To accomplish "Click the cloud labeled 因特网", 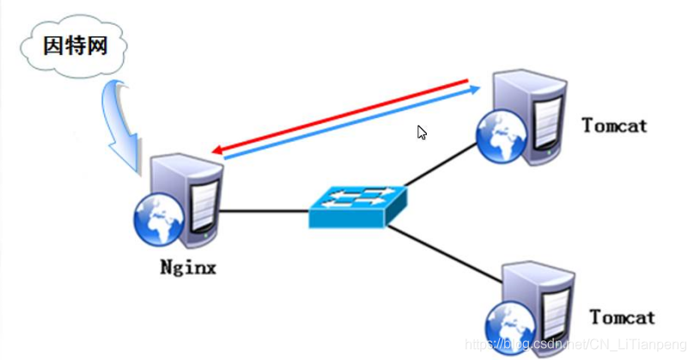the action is pyautogui.click(x=74, y=46).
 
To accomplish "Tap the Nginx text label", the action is pyautogui.click(x=188, y=267).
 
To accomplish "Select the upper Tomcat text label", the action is pyautogui.click(x=614, y=125).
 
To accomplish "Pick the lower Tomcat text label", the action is pyautogui.click(x=623, y=317).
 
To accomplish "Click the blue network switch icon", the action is pyautogui.click(x=357, y=207).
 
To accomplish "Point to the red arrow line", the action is pyautogui.click(x=340, y=117).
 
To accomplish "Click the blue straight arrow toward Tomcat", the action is pyautogui.click(x=352, y=123).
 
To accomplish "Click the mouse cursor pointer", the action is pyautogui.click(x=422, y=132).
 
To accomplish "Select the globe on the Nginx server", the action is pyautogui.click(x=159, y=220).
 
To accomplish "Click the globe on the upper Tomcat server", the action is pyautogui.click(x=502, y=136).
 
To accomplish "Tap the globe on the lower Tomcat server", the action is pyautogui.click(x=510, y=327).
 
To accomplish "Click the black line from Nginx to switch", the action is pyautogui.click(x=265, y=211).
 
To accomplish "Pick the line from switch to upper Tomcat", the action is pyautogui.click(x=441, y=164).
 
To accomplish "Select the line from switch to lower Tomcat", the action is pyautogui.click(x=445, y=253).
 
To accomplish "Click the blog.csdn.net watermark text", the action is pyautogui.click(x=575, y=344).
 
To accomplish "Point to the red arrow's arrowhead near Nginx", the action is pyautogui.click(x=217, y=150).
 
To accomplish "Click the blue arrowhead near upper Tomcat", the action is pyautogui.click(x=475, y=89).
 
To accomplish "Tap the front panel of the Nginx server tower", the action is pyautogui.click(x=204, y=208).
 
